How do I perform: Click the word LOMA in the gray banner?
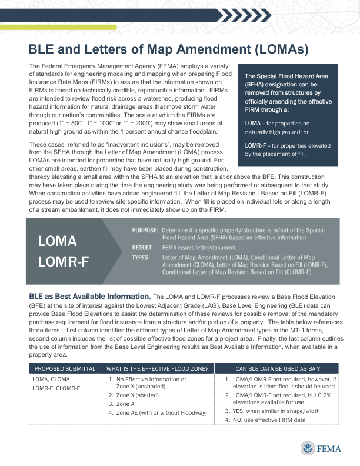click(x=57, y=241)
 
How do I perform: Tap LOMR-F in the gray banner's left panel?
click(x=63, y=262)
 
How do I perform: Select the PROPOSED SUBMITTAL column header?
click(x=65, y=368)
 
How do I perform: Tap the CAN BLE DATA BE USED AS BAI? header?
click(x=277, y=368)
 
